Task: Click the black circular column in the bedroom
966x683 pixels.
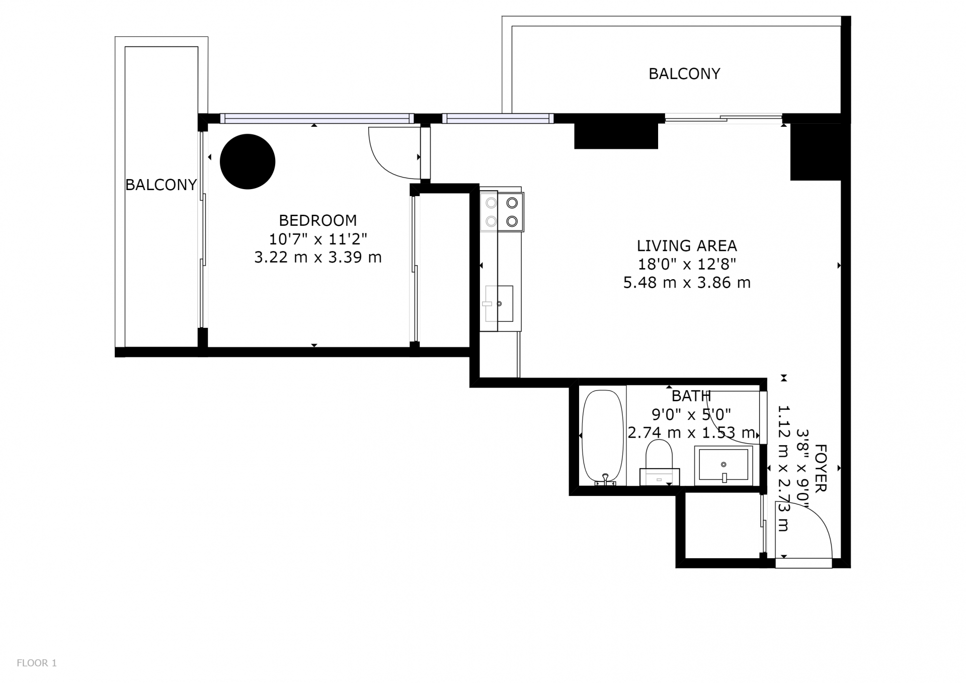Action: click(248, 161)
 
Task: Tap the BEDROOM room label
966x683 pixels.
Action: click(318, 220)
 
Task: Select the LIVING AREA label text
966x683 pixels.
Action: click(687, 246)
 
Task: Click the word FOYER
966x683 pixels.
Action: click(820, 468)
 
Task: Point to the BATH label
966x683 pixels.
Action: click(691, 396)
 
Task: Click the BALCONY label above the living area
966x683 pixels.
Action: click(684, 74)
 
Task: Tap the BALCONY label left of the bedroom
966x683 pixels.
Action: click(161, 185)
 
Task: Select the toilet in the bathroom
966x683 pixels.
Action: click(659, 462)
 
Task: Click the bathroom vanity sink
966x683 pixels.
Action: click(723, 465)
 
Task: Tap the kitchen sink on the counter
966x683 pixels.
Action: click(499, 303)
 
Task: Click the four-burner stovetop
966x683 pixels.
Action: click(502, 212)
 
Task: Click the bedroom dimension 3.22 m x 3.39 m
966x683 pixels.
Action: click(318, 258)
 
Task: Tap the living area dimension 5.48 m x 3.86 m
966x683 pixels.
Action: click(687, 283)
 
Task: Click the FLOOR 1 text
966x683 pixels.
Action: click(37, 663)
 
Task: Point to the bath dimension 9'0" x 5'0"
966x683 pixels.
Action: click(691, 414)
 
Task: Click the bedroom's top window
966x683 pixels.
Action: click(317, 119)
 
